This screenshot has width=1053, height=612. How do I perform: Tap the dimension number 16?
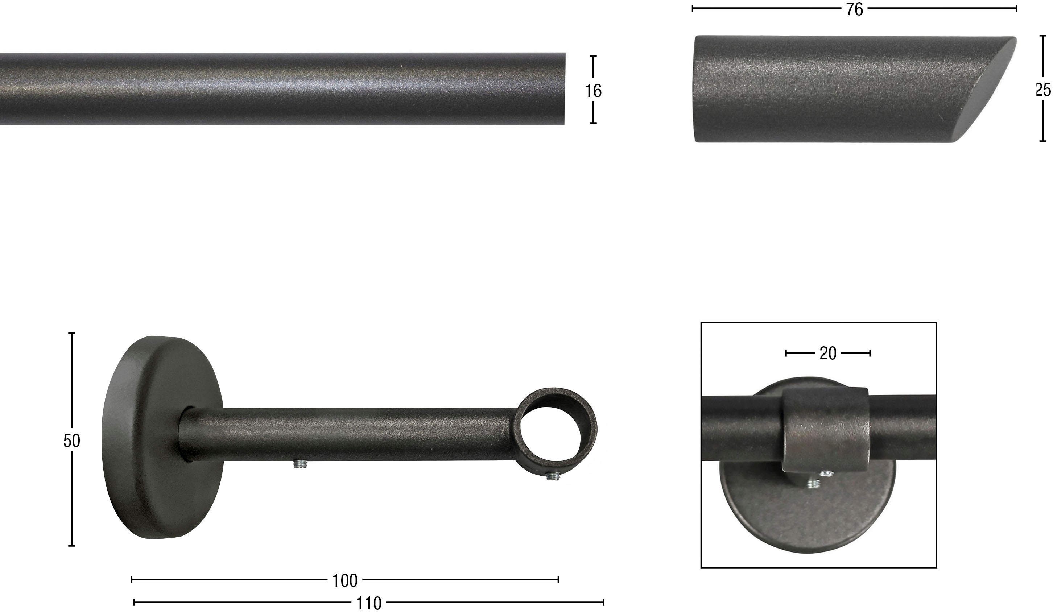593,91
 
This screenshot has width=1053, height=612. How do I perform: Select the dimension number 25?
1043,90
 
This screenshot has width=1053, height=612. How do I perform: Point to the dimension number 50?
71,441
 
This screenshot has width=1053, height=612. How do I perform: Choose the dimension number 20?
828,353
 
